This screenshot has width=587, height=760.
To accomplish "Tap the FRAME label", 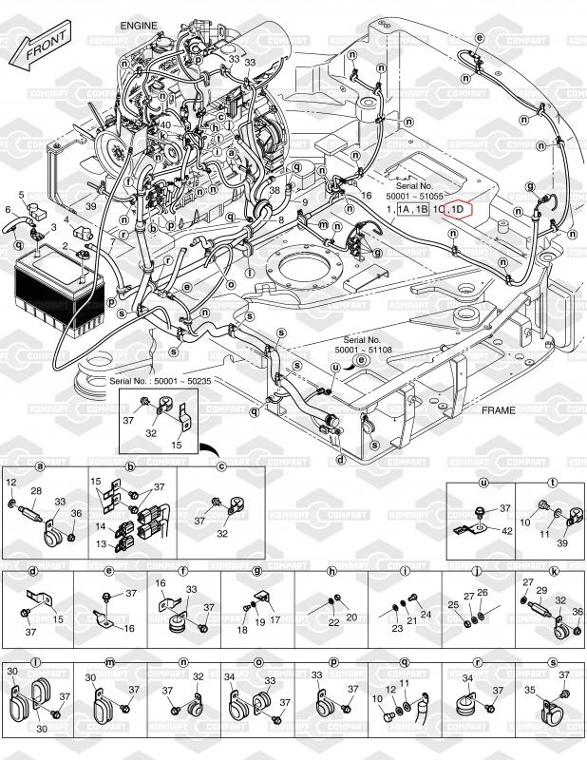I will [x=498, y=411].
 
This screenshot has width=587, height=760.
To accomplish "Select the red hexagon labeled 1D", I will [x=458, y=209].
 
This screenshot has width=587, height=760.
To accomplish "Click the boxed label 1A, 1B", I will [x=412, y=209].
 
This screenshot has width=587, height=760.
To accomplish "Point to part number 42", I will [x=507, y=530].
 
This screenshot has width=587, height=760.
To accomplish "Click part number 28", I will [x=37, y=492].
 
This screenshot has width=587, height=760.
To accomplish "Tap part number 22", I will [x=333, y=622].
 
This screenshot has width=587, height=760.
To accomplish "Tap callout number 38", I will [x=275, y=189].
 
